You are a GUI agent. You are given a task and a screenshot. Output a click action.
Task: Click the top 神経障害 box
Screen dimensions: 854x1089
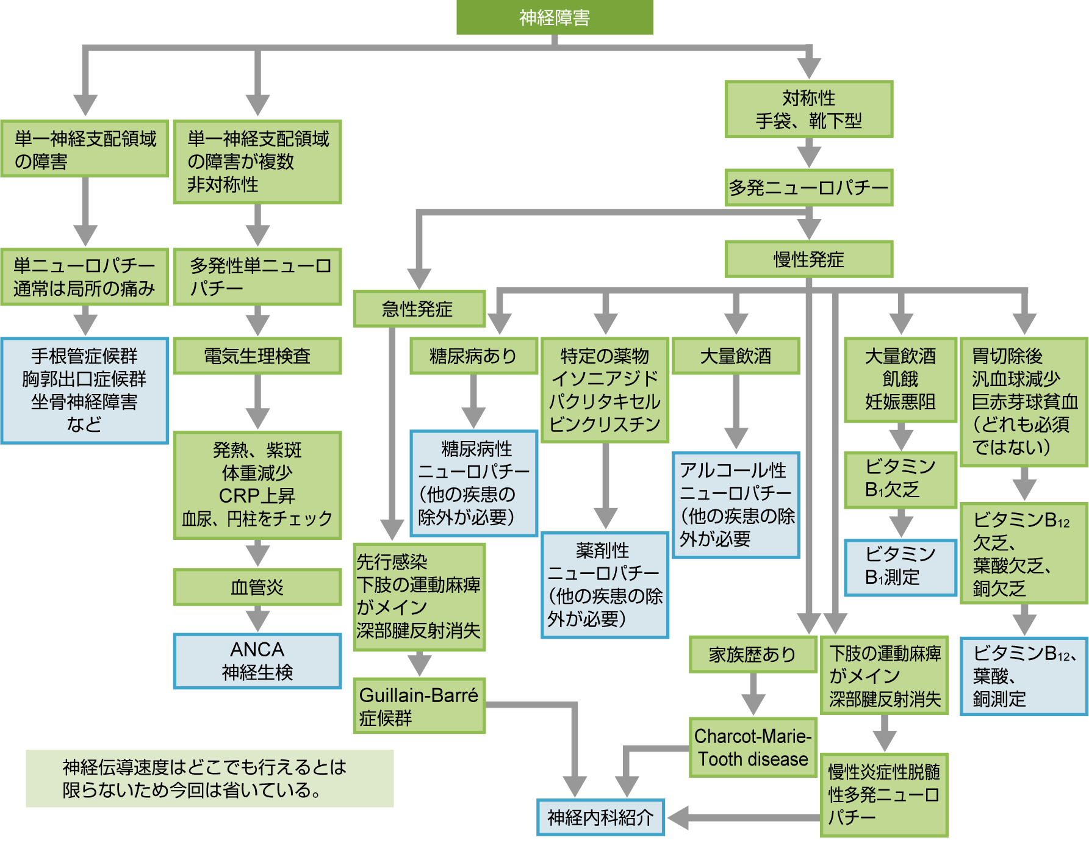555,17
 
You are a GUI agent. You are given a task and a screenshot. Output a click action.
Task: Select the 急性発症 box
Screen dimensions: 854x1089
419,309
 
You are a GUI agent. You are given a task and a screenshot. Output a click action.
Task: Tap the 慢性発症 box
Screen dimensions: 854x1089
808,259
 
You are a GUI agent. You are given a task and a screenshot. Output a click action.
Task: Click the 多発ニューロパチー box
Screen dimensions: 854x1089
808,187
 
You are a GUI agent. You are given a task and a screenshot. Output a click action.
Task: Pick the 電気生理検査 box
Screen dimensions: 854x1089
257,356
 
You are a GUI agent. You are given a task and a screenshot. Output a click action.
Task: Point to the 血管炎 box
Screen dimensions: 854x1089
257,587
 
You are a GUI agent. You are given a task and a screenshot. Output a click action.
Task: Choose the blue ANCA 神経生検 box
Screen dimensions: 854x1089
257,661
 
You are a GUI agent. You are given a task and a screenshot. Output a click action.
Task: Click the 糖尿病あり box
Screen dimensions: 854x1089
473,356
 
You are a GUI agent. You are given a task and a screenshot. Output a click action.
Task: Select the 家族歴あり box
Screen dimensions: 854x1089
752,655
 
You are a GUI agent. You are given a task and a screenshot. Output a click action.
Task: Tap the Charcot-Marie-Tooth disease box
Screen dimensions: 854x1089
753,747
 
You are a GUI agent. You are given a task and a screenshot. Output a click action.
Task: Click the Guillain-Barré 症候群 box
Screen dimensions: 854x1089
419,706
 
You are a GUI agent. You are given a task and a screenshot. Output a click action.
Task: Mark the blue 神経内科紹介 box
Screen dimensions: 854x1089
600,817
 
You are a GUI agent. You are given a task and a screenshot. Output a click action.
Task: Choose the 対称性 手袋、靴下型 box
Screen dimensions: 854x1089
808,109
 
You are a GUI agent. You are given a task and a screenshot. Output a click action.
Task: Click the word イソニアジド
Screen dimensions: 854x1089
605,379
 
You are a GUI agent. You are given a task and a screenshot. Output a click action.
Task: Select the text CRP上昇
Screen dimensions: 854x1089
257,495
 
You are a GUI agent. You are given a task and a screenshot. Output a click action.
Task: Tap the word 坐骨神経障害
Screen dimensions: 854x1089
84,402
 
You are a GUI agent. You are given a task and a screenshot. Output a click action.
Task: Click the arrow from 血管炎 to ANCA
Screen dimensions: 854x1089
257,619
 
